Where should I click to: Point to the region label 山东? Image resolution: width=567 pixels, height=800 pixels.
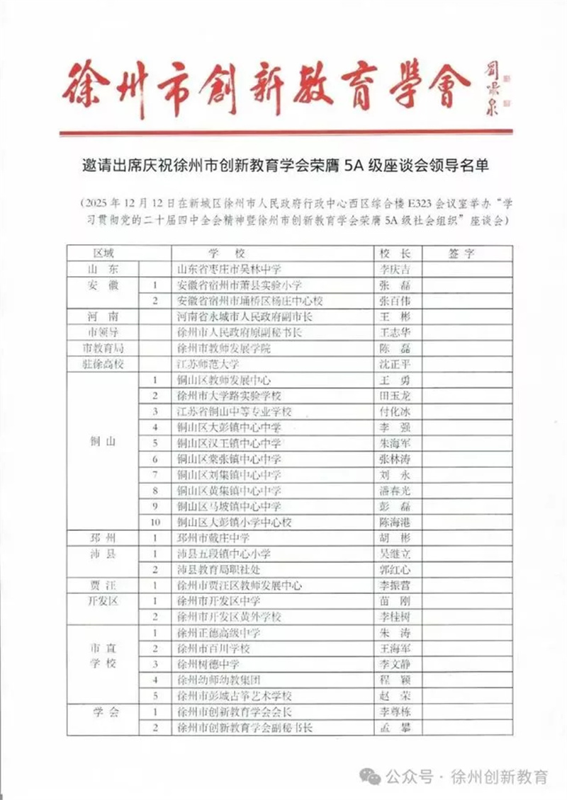point(102,269)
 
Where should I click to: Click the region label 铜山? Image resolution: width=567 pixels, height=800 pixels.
point(102,443)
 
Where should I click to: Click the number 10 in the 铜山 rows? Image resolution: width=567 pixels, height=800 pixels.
point(155,522)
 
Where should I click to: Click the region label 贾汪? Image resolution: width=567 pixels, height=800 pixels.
point(102,585)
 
